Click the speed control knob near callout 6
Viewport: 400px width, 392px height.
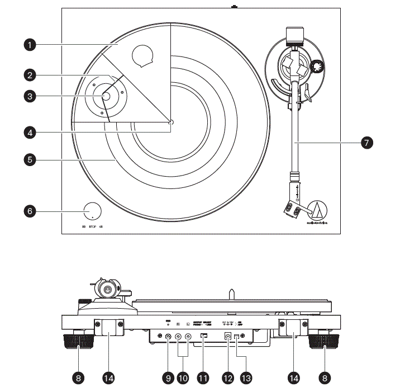pos(93,211)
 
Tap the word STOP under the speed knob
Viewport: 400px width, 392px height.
pos(92,227)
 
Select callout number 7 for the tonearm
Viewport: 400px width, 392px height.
pos(366,143)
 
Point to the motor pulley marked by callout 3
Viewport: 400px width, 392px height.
pos(106,96)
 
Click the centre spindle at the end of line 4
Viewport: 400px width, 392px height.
pos(170,122)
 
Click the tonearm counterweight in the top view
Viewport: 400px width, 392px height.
pos(294,36)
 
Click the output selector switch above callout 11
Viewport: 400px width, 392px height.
pos(203,336)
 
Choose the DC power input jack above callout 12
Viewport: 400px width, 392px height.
pos(227,336)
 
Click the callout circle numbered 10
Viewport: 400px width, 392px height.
pos(183,377)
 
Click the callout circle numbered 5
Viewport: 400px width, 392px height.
pos(31,160)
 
